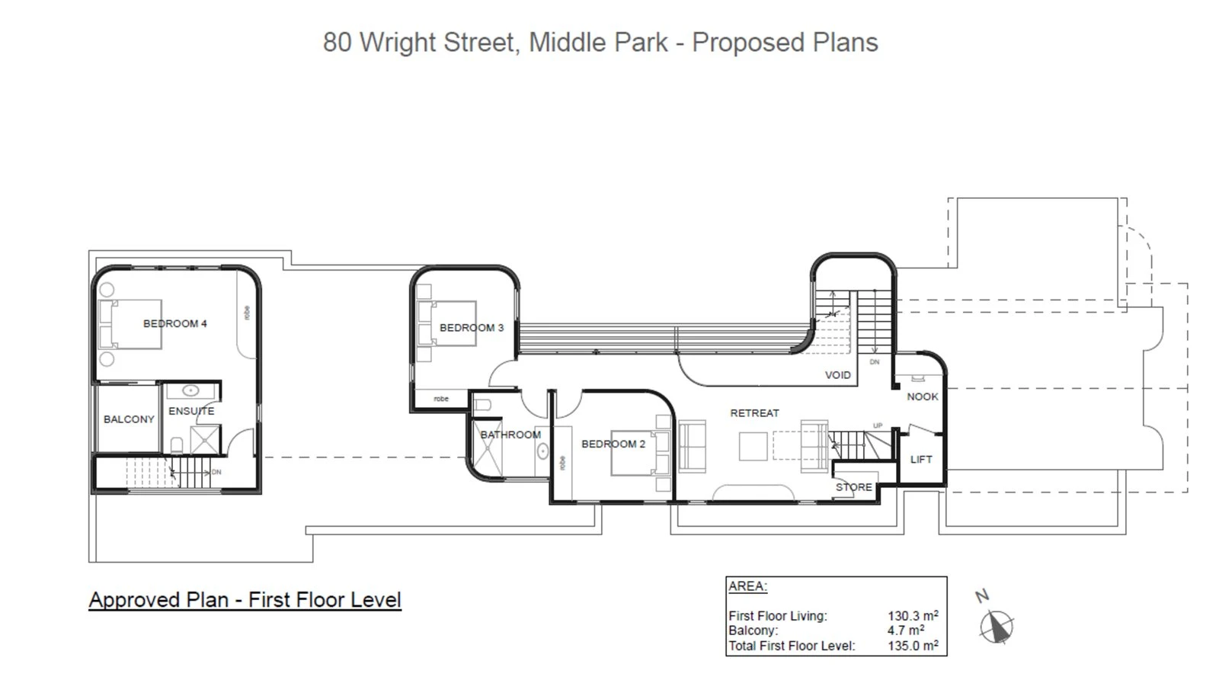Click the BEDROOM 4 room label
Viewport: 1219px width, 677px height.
coord(175,324)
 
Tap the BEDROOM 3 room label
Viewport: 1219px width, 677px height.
coord(472,328)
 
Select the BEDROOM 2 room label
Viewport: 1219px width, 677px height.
coord(613,444)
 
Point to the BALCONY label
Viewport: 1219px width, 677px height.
coord(129,419)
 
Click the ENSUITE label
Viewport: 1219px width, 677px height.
coord(191,411)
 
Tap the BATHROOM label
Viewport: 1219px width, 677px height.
coord(510,435)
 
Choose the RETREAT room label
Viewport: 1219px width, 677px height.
coord(754,413)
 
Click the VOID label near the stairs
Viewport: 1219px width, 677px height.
coord(837,375)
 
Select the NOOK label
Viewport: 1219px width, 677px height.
coord(922,396)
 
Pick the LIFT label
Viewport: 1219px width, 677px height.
coord(921,459)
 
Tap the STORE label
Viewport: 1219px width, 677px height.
coord(853,487)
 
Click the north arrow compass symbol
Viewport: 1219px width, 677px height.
coord(997,627)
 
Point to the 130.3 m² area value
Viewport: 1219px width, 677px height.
coord(912,616)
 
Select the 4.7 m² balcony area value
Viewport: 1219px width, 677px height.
coord(905,630)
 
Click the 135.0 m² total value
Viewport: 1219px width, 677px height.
coord(912,646)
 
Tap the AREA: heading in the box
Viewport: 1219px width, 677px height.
coord(747,586)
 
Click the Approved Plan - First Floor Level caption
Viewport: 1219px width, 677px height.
coord(245,600)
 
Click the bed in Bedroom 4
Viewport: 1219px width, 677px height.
coord(130,325)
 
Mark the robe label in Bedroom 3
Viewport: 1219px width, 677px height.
coord(441,399)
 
